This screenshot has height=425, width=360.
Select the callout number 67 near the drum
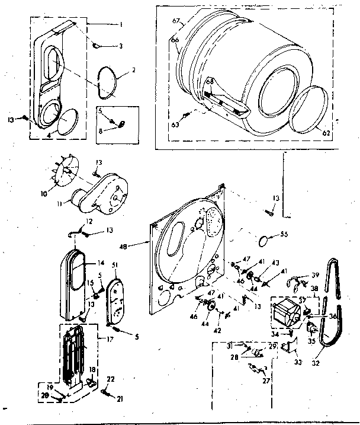click(x=175, y=21)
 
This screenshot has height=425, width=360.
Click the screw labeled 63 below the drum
click(x=188, y=115)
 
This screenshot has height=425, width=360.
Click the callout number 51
click(x=114, y=265)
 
